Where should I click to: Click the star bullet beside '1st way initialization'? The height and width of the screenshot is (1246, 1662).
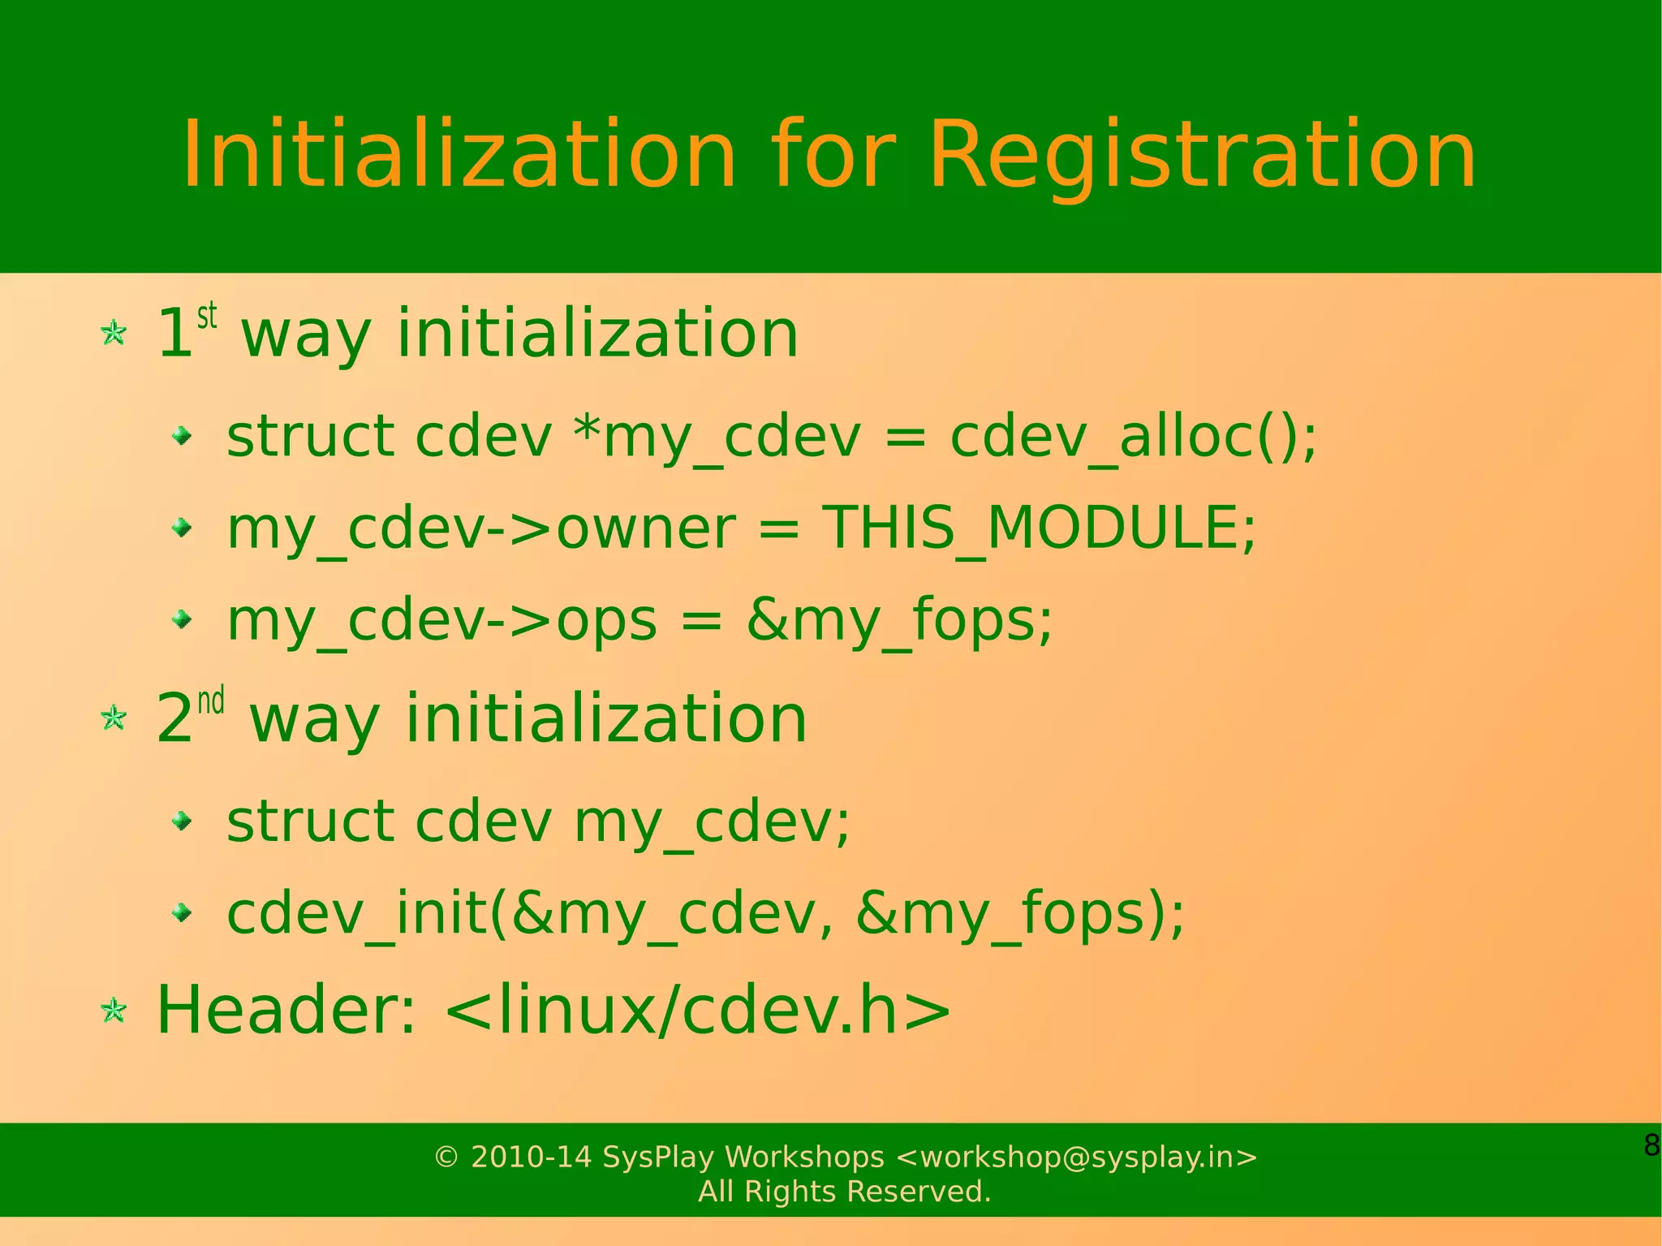pos(114,333)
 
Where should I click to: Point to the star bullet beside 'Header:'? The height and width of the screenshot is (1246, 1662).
pos(114,1011)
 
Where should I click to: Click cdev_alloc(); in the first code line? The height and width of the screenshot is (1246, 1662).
pos(1133,437)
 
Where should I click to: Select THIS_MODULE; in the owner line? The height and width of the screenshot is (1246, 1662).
pos(1040,528)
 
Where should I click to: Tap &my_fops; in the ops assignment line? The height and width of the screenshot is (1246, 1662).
pos(899,621)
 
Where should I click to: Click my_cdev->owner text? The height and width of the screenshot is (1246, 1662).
pos(481,528)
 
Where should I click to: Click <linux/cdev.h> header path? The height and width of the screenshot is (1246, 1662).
pos(698,1011)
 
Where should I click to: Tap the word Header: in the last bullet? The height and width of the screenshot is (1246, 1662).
pos(286,1011)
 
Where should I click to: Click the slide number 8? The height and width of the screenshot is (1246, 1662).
pos(1651,1145)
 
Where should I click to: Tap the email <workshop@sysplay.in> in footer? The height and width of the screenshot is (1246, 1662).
pos(1077,1157)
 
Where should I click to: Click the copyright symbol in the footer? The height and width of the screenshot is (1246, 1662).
pos(446,1157)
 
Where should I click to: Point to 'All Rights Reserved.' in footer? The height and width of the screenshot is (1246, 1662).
pos(844,1192)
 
